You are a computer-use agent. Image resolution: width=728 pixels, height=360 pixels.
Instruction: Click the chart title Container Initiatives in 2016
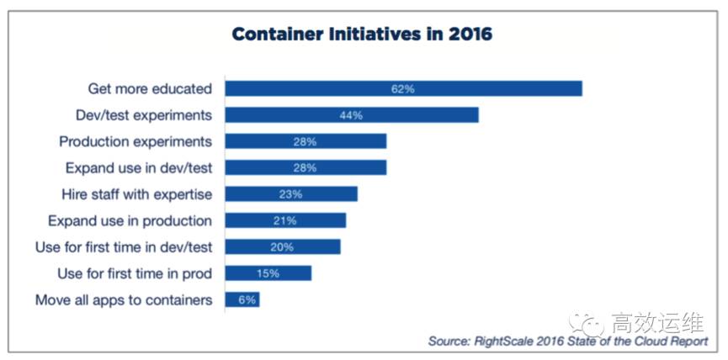tap(362, 35)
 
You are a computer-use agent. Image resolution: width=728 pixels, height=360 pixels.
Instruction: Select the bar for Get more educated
tap(403, 88)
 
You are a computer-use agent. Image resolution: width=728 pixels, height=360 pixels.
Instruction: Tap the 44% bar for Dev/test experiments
tap(351, 114)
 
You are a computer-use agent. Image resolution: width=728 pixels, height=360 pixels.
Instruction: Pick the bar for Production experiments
tap(305, 140)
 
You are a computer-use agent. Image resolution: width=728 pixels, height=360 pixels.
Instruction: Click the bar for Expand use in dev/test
tap(305, 167)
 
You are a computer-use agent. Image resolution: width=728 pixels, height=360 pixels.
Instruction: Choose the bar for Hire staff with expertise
tap(290, 193)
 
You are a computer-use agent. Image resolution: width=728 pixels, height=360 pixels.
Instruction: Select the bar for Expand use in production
tap(285, 220)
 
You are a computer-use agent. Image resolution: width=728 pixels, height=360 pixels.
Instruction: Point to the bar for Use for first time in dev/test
tap(282, 246)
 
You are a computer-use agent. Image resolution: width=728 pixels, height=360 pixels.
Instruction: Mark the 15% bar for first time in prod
tap(268, 273)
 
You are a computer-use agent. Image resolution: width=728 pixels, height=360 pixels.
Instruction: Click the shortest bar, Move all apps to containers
tap(242, 299)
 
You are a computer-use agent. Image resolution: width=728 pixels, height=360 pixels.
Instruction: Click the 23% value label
tap(290, 193)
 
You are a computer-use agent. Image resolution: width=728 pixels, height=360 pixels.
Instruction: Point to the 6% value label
tap(242, 299)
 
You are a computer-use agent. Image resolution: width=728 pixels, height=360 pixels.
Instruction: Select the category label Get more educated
tap(150, 88)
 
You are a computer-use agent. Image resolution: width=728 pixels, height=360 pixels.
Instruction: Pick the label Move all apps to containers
tap(124, 299)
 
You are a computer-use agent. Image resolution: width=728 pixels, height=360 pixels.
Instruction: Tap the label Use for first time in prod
tap(135, 273)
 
